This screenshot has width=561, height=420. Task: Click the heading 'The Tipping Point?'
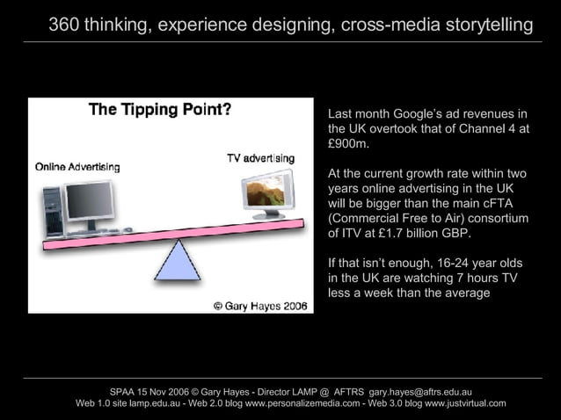(159, 110)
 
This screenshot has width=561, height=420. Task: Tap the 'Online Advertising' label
(77, 166)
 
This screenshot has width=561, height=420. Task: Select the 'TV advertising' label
(260, 158)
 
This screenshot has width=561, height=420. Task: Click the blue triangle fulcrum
(178, 262)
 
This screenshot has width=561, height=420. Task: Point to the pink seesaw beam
(176, 233)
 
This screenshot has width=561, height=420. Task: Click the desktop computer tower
(53, 211)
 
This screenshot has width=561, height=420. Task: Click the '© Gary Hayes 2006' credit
(259, 306)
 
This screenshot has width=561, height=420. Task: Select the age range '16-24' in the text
(458, 263)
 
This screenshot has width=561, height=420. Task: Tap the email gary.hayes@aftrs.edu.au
(421, 391)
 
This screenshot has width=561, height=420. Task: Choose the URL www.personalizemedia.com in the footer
(302, 403)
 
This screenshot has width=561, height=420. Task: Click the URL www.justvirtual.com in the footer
(465, 403)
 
